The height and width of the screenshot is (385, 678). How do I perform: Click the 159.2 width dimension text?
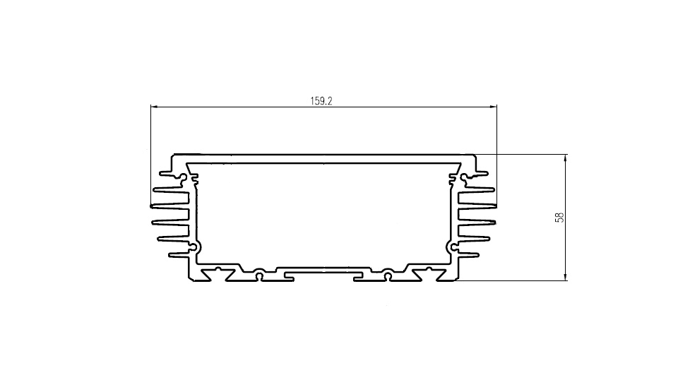click(x=321, y=101)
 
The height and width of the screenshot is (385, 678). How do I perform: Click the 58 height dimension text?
click(x=559, y=217)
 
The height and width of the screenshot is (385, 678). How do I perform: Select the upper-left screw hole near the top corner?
click(x=184, y=177)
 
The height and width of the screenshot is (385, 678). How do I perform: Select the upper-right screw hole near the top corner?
click(x=463, y=177)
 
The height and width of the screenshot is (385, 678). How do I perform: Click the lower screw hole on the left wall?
click(x=194, y=247)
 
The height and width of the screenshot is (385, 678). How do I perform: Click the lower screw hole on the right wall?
click(x=453, y=247)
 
